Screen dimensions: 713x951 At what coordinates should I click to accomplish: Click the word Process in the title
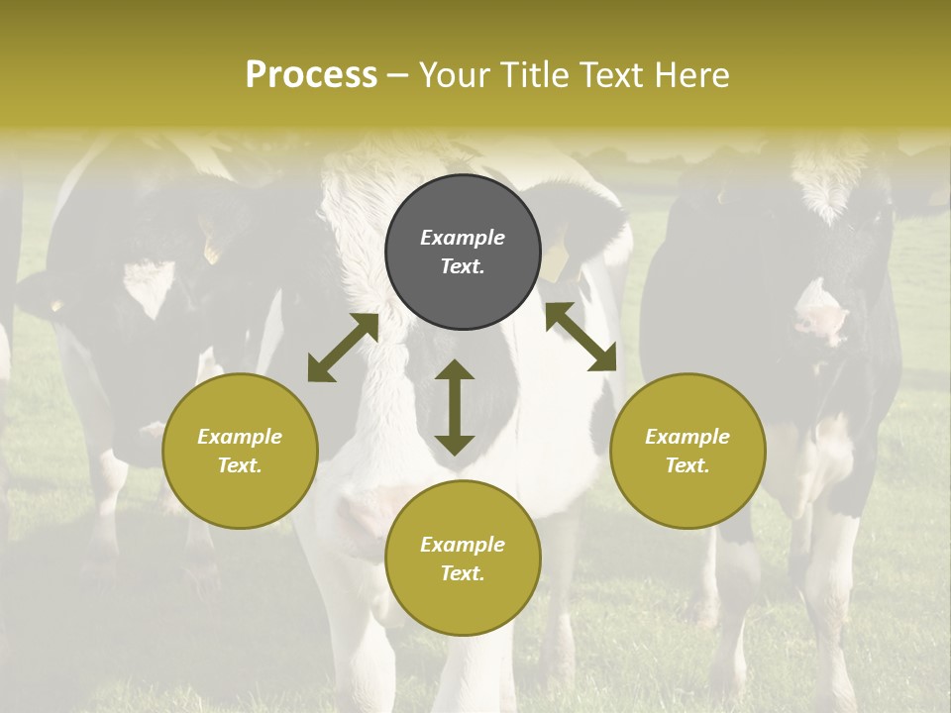pos(311,74)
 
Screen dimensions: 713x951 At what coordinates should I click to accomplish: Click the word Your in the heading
pos(455,74)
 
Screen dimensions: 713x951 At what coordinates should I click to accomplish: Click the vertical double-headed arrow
pos(455,407)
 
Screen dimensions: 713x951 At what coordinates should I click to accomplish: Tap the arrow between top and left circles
pos(343,348)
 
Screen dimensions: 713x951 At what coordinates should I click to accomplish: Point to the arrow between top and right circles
pos(581,337)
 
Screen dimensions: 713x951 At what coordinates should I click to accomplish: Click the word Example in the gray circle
pos(463,238)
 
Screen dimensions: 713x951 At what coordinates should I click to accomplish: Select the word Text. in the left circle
pos(240,465)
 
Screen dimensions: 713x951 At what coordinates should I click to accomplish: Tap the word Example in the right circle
pos(687,437)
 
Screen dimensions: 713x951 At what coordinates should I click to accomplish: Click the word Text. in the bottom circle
pos(463,573)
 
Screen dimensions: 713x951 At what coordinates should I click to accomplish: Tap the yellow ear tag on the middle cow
pos(556,263)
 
